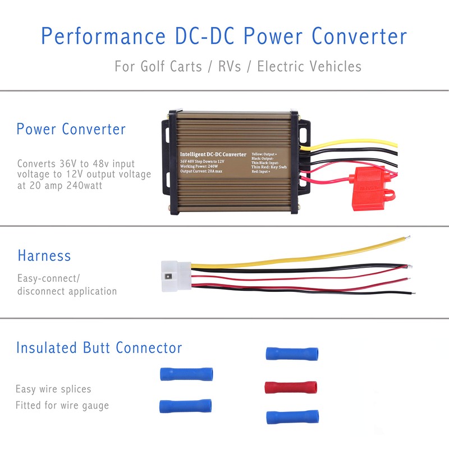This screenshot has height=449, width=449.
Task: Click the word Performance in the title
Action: tap(103, 37)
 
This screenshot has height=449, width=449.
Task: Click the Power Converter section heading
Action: tap(71, 129)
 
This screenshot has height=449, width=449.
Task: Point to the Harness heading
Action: tap(44, 256)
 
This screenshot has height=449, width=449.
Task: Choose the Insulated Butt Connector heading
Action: tap(99, 348)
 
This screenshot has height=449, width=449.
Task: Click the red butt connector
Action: tap(290, 387)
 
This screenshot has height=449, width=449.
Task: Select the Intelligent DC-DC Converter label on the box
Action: tap(213, 154)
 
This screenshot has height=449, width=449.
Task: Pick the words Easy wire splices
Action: tap(53, 389)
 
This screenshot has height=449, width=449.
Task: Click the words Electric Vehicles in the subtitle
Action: tap(309, 66)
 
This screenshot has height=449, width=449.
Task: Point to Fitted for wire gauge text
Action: tap(62, 405)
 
